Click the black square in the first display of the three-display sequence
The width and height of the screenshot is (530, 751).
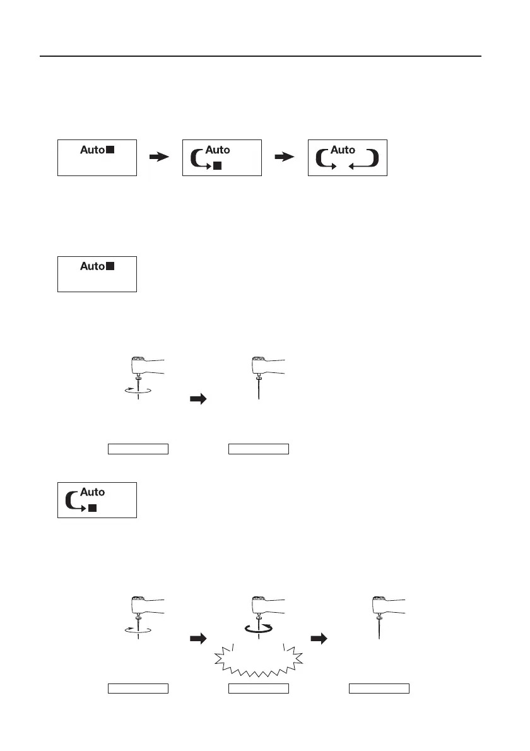click(x=110, y=150)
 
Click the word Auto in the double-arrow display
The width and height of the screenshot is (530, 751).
click(x=343, y=150)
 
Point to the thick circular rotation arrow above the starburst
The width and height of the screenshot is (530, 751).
click(x=259, y=627)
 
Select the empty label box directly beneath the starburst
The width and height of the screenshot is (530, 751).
click(x=258, y=688)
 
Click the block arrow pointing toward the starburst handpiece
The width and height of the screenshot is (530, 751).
click(x=199, y=639)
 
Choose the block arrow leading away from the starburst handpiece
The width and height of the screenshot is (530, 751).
click(x=321, y=639)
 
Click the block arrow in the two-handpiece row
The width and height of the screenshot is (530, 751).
click(x=199, y=399)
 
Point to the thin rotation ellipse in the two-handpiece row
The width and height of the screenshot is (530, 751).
click(x=137, y=391)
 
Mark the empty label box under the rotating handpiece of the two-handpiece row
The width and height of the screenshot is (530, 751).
click(x=138, y=449)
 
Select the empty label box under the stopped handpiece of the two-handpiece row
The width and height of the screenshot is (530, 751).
click(x=258, y=449)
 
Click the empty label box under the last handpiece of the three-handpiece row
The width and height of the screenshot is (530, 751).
click(x=379, y=688)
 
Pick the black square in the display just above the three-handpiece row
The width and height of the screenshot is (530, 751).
click(x=92, y=508)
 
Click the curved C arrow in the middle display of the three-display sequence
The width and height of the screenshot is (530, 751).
click(x=197, y=158)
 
